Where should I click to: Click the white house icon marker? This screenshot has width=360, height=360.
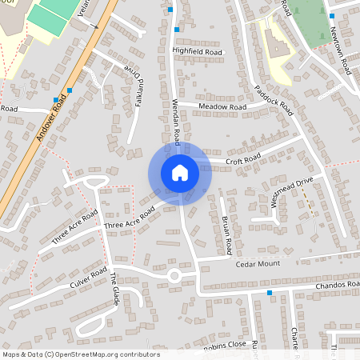click(x=179, y=173)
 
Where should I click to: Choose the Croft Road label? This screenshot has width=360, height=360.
click(x=243, y=160)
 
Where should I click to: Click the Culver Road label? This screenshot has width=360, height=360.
click(x=88, y=278)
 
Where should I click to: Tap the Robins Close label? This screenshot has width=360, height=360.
click(x=224, y=346)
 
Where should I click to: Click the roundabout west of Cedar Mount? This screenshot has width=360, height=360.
click(x=174, y=277)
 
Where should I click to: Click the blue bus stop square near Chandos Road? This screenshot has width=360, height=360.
click(x=270, y=293)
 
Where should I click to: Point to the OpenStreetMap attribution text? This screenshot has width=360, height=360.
click(x=81, y=354)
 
